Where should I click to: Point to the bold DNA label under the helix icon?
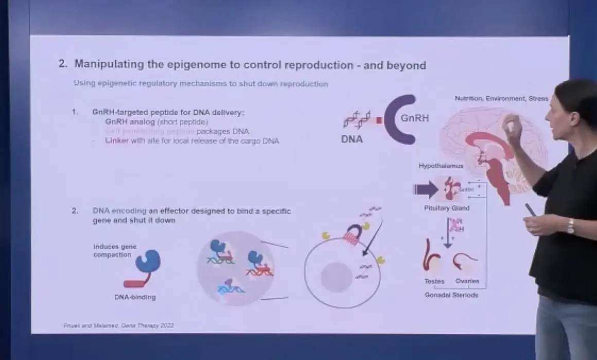coord(352,139)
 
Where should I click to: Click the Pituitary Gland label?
coord(447,208)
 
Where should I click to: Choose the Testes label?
coord(434,281)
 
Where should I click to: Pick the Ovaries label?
coord(467,281)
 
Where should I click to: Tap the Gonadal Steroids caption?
coord(451,295)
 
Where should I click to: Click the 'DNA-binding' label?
coord(135,297)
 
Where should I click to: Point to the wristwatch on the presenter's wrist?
coord(570,226)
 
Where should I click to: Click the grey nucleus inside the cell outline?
coord(337,277)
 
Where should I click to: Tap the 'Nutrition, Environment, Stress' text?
coord(501,98)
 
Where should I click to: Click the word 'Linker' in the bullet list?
coord(117,141)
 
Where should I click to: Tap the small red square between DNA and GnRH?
coord(379,120)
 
